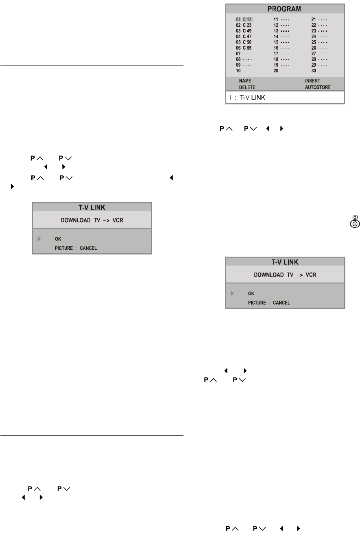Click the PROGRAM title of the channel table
(285, 9)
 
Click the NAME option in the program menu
(245, 81)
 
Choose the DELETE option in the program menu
(247, 87)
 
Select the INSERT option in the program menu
(312, 81)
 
